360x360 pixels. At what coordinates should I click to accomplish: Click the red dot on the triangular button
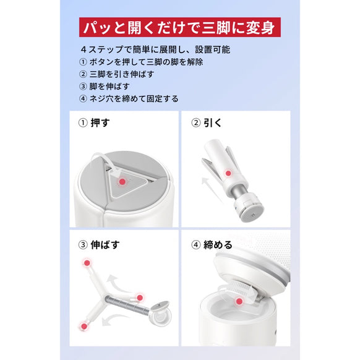[122, 181]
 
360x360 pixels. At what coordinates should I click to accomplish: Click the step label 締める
[220, 244]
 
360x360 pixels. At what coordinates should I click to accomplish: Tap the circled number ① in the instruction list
[84, 62]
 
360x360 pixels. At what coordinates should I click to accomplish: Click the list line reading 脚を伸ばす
[111, 86]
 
